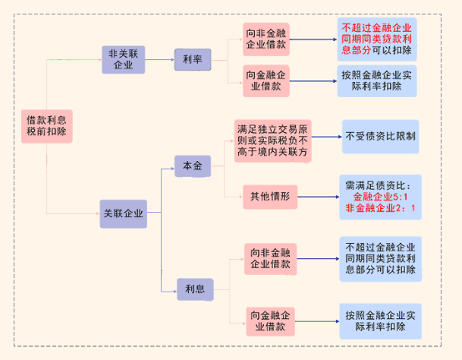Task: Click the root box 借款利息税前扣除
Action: point(46,125)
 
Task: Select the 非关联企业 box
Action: point(122,58)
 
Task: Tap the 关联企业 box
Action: point(123,213)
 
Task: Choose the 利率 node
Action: point(192,59)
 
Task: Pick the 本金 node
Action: point(192,166)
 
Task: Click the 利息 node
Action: point(193,288)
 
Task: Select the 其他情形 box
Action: point(269,197)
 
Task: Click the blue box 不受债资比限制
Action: point(380,135)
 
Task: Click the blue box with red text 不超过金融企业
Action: point(377,38)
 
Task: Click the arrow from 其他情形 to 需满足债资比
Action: point(317,198)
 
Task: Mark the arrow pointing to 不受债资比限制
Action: point(326,135)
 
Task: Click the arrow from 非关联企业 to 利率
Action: point(160,58)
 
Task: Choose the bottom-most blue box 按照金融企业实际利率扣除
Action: point(380,322)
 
